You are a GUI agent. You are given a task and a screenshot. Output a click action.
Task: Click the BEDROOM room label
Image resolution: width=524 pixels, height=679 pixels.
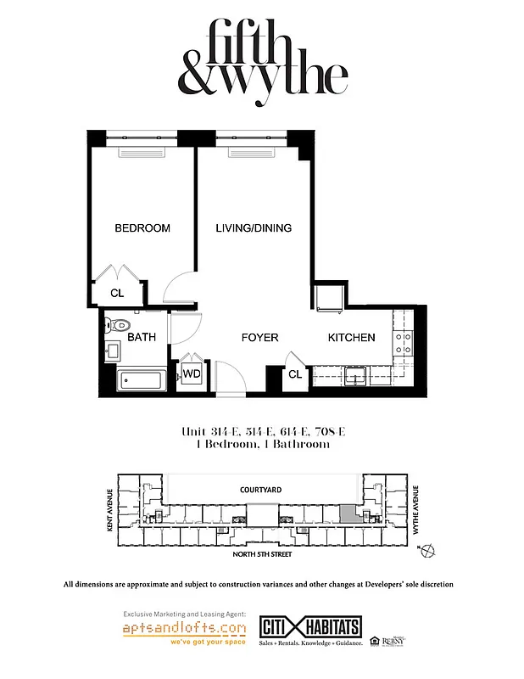[x=142, y=228]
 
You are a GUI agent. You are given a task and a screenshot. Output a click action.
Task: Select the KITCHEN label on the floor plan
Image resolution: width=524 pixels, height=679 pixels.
[x=351, y=338]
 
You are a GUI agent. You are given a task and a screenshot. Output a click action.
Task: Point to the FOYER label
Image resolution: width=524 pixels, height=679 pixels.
[x=259, y=338]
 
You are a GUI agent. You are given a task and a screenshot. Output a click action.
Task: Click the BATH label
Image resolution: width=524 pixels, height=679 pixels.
[x=142, y=338]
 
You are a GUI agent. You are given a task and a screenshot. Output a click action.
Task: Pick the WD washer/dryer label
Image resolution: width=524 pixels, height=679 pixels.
[x=192, y=373]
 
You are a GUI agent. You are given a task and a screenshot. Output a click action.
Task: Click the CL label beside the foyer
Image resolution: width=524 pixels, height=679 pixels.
[x=295, y=373]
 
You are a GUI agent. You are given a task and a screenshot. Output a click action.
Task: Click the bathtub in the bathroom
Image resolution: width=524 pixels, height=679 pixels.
[x=142, y=381]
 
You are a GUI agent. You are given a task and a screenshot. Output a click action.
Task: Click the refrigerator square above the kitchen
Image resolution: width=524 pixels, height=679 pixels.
[x=329, y=298]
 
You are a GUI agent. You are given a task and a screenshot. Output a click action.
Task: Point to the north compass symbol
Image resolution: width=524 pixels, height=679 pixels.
[x=427, y=551]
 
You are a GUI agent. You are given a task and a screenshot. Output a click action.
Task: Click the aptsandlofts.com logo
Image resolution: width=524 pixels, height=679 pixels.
[x=185, y=629]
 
